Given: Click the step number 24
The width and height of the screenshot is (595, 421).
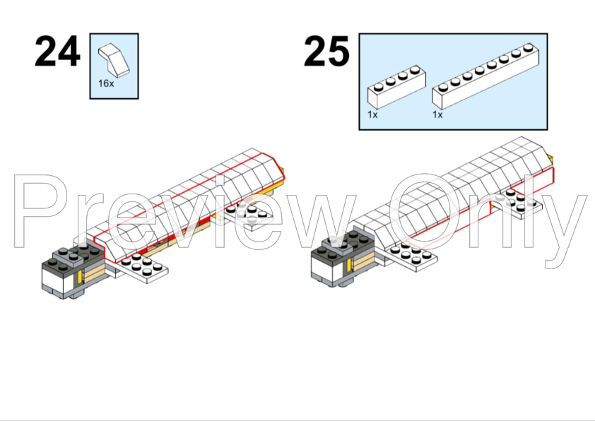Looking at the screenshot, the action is pos(57,51).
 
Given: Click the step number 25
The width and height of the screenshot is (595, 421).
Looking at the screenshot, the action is pos(326,51).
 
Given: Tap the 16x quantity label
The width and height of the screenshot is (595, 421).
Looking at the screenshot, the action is pos(106,83).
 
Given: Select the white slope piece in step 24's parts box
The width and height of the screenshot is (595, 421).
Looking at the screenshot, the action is pos(114,59).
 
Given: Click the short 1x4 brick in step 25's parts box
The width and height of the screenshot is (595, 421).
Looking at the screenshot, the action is pos(396,87).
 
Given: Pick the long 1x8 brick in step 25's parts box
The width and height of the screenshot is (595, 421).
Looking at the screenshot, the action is pos(485,76).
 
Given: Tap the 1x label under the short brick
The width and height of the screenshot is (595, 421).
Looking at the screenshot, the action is pos(372,114).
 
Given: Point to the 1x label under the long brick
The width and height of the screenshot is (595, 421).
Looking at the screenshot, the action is pos(437,114).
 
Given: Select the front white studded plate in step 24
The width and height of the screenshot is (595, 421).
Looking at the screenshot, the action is pos(142,268).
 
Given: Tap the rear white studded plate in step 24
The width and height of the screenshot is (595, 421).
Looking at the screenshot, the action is pos(249,214).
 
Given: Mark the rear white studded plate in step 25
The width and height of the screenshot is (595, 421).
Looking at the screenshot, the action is pos(518,203).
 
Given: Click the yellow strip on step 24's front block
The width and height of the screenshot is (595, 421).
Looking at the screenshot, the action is pos(80,278).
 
